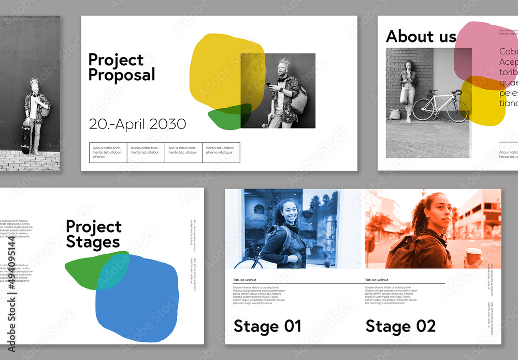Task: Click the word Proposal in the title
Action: pos(121,75)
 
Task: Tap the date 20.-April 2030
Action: pos(137,124)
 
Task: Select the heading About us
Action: pos(421,36)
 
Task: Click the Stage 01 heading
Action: pos(267,326)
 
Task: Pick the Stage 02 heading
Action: pos(400,326)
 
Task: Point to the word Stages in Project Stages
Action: pos(93,242)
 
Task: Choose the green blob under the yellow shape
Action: pos(228,117)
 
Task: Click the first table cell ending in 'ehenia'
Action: pos(108,152)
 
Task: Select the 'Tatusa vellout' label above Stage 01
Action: pos(246,280)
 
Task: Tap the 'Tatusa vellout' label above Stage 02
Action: pos(377,280)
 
